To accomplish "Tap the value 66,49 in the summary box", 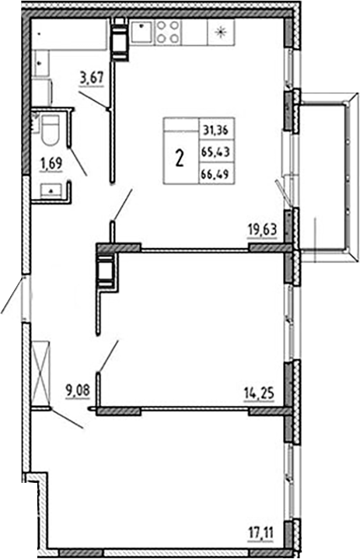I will coord(211,174).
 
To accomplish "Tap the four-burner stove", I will coord(168,32).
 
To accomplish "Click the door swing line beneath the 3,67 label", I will coord(93,100).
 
